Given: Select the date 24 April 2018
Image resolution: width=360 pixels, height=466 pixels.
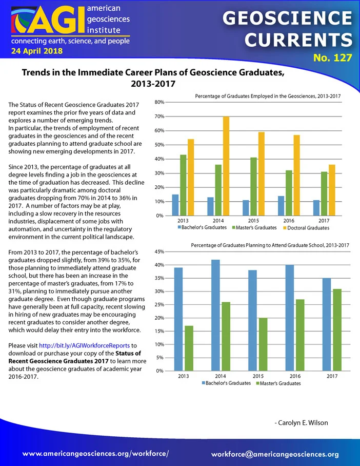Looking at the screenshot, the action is [37, 51].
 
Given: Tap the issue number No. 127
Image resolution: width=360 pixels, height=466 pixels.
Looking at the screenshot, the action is [333, 57].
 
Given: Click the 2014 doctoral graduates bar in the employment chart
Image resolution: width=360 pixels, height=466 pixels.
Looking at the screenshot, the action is [226, 166].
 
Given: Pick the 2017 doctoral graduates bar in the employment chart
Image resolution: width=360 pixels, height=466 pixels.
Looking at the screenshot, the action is [332, 190].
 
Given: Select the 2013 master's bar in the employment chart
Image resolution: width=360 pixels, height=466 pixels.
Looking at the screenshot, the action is [183, 185].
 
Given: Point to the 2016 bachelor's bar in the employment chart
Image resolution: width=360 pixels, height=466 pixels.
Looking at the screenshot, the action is [281, 206].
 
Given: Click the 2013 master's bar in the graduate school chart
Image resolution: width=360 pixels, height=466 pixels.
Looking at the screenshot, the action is [189, 348].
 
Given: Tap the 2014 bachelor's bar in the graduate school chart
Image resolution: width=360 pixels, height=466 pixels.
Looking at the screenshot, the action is [215, 315].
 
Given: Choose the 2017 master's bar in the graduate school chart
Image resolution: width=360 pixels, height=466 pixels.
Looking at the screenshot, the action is [337, 330].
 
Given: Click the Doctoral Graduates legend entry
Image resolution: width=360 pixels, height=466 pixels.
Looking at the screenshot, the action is [306, 228].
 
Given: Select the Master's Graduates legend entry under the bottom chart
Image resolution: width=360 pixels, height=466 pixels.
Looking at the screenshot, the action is [278, 383].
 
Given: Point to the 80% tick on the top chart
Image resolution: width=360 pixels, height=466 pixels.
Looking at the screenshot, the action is [159, 102].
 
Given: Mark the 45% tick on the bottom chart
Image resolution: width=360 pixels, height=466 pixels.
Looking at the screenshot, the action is [159, 251].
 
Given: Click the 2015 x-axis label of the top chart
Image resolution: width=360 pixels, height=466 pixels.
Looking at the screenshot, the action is [253, 221].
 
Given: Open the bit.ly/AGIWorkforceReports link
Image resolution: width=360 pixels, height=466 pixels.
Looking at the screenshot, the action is [84, 345].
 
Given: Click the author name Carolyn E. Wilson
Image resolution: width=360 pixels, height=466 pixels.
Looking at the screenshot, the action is [301, 423].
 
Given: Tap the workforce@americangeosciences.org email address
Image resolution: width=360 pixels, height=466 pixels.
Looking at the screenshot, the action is [275, 454].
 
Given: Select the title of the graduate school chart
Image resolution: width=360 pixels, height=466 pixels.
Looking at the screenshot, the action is [270, 245].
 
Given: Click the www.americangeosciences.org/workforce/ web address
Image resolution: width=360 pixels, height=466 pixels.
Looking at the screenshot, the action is [96, 454].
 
